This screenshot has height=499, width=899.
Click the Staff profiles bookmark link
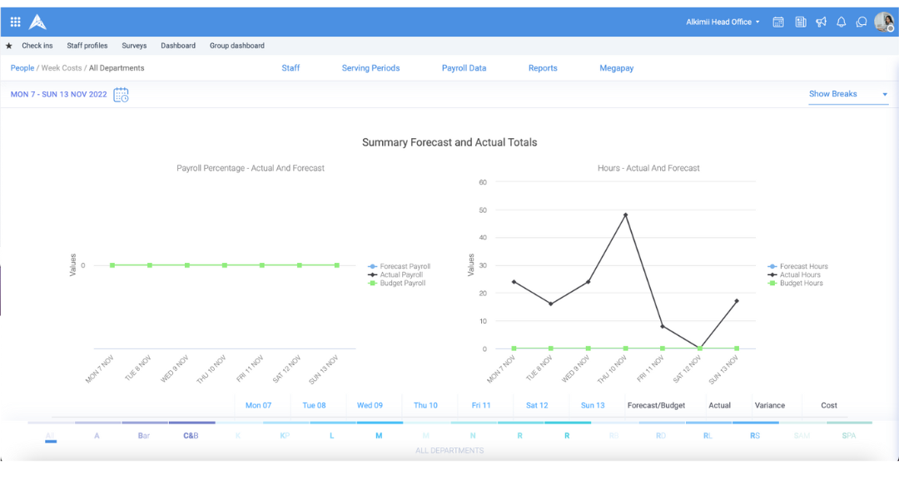click(x=87, y=46)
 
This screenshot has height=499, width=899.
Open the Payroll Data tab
click(x=464, y=68)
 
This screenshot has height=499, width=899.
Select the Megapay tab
click(x=616, y=68)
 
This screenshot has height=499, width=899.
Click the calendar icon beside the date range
click(x=122, y=95)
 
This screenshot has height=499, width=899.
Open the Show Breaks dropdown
click(x=848, y=94)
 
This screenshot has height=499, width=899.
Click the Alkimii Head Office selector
click(x=723, y=22)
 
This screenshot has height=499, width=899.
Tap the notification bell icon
click(x=841, y=22)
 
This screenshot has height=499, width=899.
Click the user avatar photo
click(x=883, y=22)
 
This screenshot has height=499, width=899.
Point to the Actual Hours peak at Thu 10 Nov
click(x=625, y=215)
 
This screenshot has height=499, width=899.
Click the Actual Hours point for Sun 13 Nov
click(x=737, y=301)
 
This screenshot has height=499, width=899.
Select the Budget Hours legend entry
click(x=800, y=284)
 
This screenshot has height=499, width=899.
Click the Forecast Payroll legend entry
click(x=404, y=267)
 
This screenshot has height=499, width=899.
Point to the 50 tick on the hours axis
click(x=483, y=210)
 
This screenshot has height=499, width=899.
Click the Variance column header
click(x=769, y=406)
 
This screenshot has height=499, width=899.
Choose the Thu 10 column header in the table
click(x=425, y=406)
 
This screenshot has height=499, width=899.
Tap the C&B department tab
click(x=191, y=436)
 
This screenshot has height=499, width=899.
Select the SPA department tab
click(x=848, y=436)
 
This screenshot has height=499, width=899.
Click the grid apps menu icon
click(x=15, y=22)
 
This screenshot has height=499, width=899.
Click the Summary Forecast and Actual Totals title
click(x=449, y=142)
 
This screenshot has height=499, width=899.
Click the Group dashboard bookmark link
click(x=236, y=46)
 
